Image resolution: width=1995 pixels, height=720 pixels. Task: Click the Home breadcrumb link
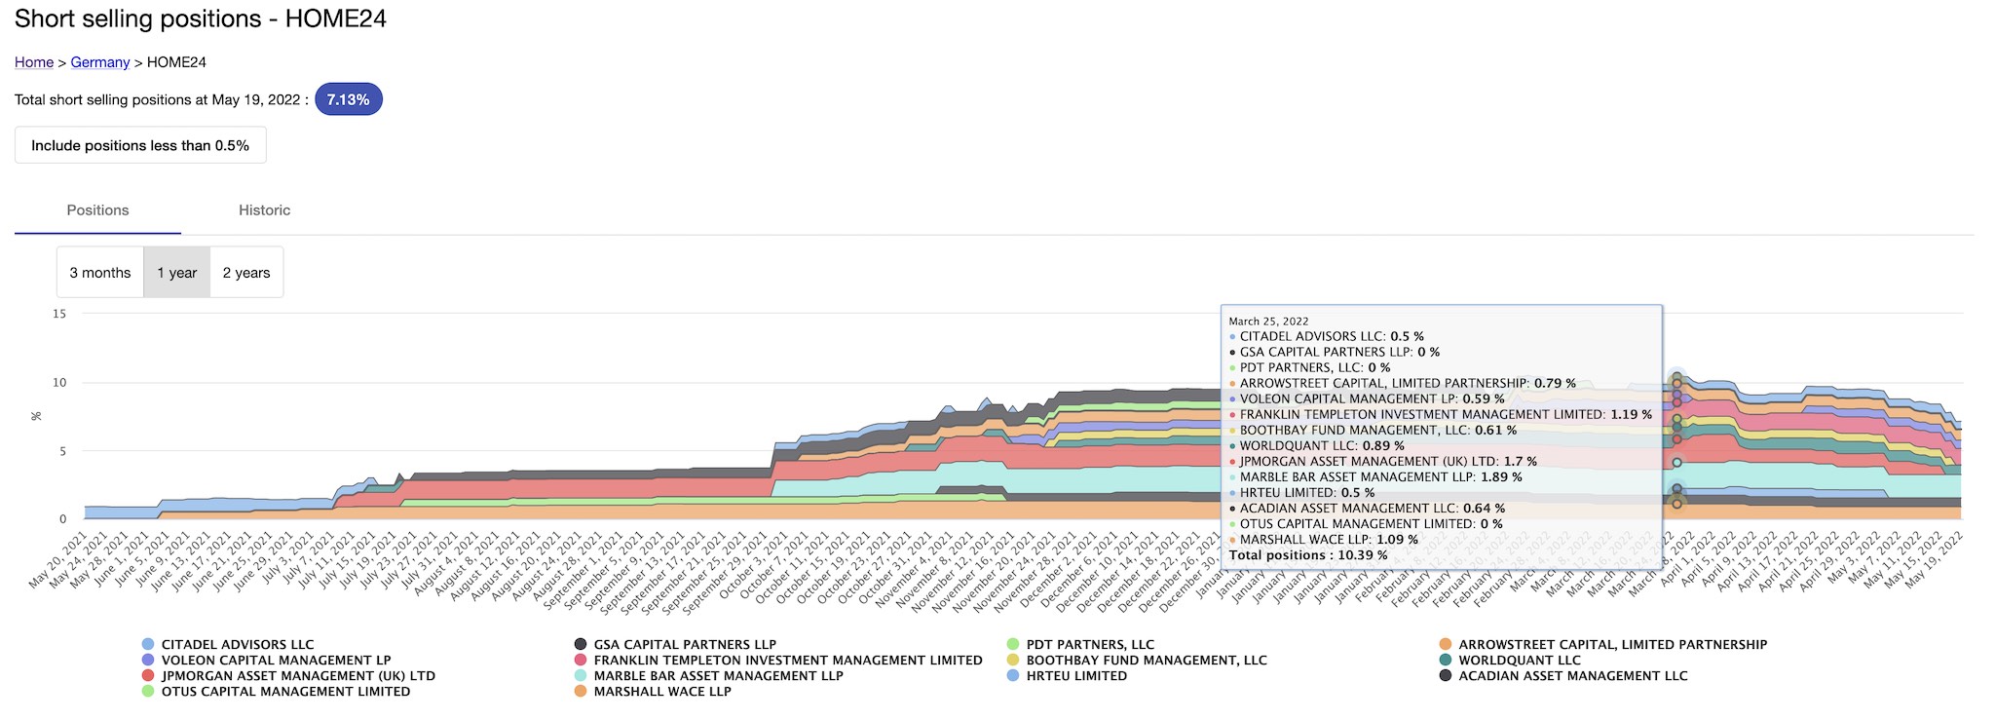(x=34, y=62)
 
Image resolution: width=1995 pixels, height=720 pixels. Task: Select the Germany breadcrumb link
(x=100, y=62)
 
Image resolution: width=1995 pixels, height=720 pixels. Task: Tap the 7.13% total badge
(x=348, y=99)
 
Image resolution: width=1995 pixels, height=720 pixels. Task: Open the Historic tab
(x=265, y=210)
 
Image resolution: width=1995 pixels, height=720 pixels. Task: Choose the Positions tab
(x=97, y=210)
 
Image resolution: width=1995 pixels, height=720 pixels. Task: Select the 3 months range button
(x=100, y=273)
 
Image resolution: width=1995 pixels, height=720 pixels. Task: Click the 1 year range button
(x=177, y=273)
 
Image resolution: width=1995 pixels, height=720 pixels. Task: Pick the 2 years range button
(x=246, y=273)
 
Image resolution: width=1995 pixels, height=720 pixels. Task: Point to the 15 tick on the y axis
(x=59, y=314)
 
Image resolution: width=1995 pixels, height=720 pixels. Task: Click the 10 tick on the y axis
(x=59, y=382)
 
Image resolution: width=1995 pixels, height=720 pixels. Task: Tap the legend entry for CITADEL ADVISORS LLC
(x=237, y=645)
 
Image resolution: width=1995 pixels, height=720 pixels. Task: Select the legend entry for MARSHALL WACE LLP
(x=662, y=692)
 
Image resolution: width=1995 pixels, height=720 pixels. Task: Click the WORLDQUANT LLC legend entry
(x=1520, y=661)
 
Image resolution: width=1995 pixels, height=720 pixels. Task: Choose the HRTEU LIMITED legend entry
(x=1076, y=676)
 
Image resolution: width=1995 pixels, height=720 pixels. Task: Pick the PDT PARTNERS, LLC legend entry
(x=1090, y=645)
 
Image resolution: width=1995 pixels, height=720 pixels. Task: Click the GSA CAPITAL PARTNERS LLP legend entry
(x=685, y=645)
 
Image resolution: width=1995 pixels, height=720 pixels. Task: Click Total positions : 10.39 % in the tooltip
(x=1308, y=555)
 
